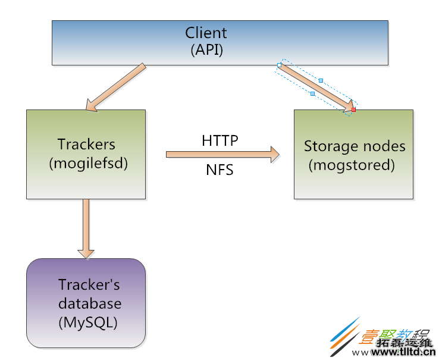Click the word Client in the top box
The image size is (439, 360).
pyautogui.click(x=206, y=32)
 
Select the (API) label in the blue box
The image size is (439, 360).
pyautogui.click(x=206, y=49)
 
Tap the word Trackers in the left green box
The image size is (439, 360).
pyautogui.click(x=86, y=144)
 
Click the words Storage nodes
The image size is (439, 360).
pyautogui.click(x=355, y=146)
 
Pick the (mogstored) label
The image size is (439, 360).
pyautogui.click(x=352, y=165)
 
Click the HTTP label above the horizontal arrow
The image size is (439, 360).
pyautogui.click(x=219, y=140)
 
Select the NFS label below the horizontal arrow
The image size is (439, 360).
pyautogui.click(x=219, y=170)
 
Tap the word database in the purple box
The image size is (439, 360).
pyautogui.click(x=89, y=303)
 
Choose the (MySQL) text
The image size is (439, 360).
pyautogui.click(x=87, y=323)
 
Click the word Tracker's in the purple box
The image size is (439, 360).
pyautogui.click(x=89, y=284)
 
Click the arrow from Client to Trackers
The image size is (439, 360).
pyautogui.click(x=117, y=86)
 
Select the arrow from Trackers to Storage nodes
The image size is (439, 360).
pyautogui.click(x=220, y=155)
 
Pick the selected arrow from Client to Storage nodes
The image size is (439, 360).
pyautogui.click(x=315, y=87)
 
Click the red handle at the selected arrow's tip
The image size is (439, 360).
pyautogui.click(x=353, y=109)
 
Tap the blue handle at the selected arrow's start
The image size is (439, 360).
pyautogui.click(x=279, y=65)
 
